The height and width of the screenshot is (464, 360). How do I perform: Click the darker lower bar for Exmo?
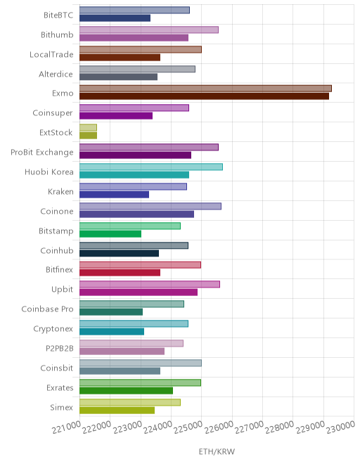click(x=204, y=96)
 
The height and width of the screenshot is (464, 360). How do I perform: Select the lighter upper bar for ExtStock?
click(x=88, y=127)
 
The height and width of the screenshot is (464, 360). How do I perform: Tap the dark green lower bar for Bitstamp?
click(x=110, y=234)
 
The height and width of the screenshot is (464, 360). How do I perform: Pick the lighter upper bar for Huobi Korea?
click(x=151, y=167)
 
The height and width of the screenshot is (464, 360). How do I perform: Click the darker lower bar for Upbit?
click(x=139, y=292)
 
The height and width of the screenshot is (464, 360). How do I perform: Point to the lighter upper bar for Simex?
click(x=130, y=402)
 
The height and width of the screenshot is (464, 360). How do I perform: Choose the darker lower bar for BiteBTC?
click(x=115, y=18)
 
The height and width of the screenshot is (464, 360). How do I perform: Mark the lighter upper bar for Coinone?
click(x=150, y=206)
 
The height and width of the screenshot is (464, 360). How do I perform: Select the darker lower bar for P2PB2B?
click(x=122, y=352)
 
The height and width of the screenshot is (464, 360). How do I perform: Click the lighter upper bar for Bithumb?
click(x=149, y=30)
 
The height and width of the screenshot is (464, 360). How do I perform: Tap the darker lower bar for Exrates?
click(x=126, y=391)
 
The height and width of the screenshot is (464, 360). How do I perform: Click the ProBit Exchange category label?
click(x=42, y=152)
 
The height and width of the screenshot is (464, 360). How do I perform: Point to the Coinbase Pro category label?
click(x=47, y=309)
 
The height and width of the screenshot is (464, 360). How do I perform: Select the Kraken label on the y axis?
click(x=60, y=191)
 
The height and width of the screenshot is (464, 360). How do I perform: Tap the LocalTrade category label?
click(x=51, y=54)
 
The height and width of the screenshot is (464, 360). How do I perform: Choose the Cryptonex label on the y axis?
click(x=53, y=329)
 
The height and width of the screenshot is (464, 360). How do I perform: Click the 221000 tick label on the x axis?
click(x=66, y=427)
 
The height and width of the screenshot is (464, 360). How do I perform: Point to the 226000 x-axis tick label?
click(x=219, y=427)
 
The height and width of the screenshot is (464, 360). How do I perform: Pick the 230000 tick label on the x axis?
click(x=340, y=427)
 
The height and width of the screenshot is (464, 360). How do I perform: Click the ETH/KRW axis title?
click(x=217, y=451)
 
